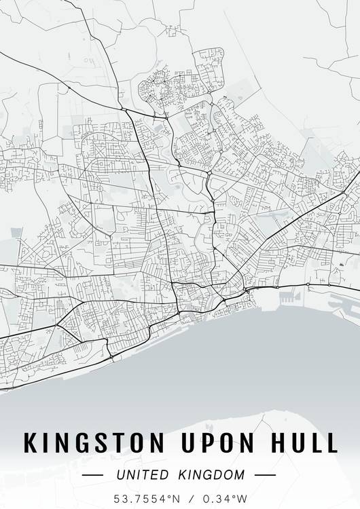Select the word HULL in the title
pyautogui.click(x=304, y=442)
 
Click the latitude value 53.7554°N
pyautogui.click(x=148, y=497)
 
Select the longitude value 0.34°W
pyautogui.click(x=223, y=497)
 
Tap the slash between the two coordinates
pyautogui.click(x=192, y=497)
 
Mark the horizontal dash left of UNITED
pyautogui.click(x=92, y=475)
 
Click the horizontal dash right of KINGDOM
pyautogui.click(x=265, y=475)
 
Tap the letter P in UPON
pyautogui.click(x=200, y=442)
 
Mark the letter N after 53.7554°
pyautogui.click(x=177, y=497)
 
